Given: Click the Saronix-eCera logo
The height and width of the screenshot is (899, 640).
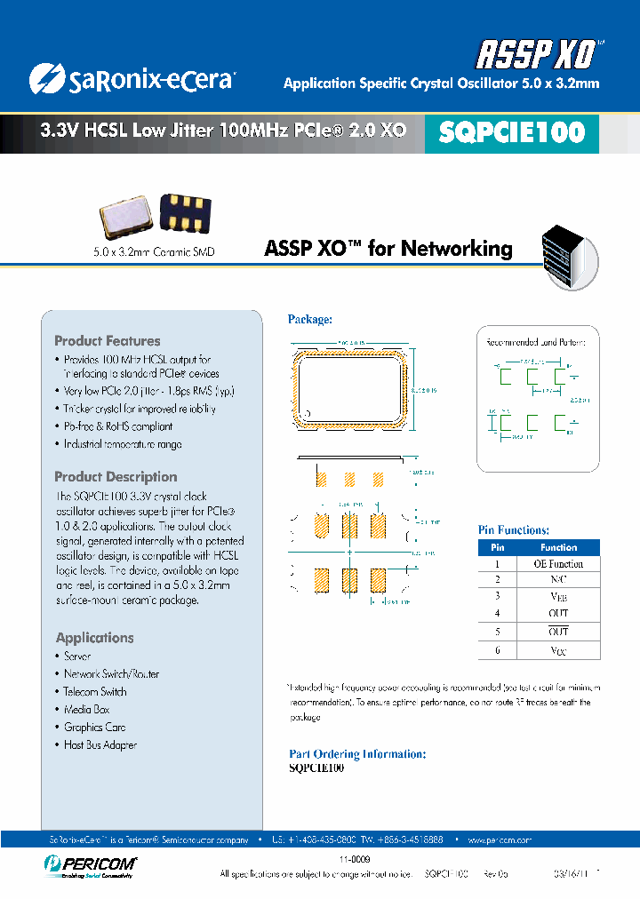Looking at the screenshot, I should coord(131,79).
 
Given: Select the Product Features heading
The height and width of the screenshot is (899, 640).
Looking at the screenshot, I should coord(108,341).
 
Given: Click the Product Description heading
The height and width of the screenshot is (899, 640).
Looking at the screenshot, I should coord(116,477).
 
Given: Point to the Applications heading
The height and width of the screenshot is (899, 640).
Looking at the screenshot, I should coord(95,638).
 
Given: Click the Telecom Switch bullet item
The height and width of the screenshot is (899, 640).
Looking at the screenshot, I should coord(95,692).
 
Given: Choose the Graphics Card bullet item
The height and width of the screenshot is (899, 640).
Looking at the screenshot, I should coord(95,728).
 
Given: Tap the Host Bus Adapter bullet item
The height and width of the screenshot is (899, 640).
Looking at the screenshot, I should coord(100,745).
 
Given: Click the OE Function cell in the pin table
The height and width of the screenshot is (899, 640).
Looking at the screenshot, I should coord(558,564).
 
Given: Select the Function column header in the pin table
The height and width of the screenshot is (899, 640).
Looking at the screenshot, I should coord(558,547).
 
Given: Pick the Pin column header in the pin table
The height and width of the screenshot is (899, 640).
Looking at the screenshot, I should coord(498,547).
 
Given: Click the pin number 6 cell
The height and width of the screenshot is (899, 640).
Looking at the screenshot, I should coord(498,651).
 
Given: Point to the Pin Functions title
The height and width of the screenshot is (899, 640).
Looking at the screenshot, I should coord(514,530).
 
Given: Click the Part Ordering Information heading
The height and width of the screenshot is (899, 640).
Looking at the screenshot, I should coord(357,753).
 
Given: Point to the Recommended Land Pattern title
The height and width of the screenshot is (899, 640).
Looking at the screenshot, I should coord(541,341).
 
